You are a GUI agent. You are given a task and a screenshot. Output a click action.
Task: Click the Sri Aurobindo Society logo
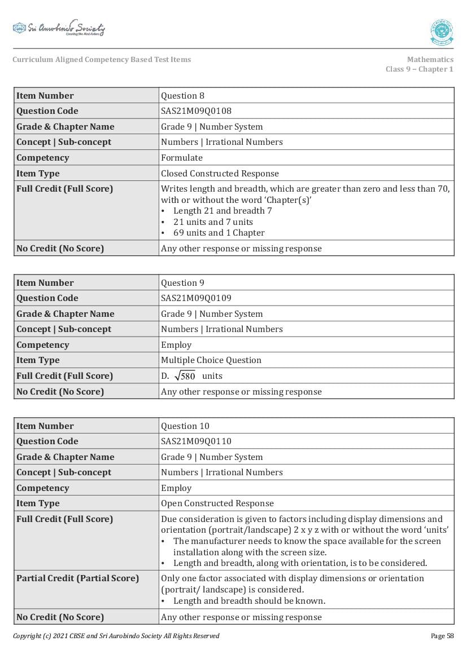pyautogui.click(x=59, y=29)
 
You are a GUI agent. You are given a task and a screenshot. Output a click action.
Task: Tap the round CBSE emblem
pyautogui.click(x=442, y=32)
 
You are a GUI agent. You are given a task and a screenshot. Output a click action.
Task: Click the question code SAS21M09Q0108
pyautogui.click(x=196, y=111)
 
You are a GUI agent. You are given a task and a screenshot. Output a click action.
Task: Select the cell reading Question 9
pyautogui.click(x=182, y=283)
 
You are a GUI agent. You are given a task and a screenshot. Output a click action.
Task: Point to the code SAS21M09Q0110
pyautogui.click(x=196, y=441)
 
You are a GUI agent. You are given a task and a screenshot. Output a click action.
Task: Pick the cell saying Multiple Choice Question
pyautogui.click(x=211, y=360)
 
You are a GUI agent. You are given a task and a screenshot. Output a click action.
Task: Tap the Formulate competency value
pyautogui.click(x=182, y=158)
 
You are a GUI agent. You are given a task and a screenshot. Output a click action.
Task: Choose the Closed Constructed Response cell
pyautogui.click(x=220, y=174)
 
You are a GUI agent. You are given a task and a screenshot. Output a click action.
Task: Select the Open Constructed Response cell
pyautogui.click(x=217, y=503)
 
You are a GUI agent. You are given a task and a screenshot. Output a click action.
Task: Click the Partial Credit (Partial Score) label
pyautogui.click(x=77, y=578)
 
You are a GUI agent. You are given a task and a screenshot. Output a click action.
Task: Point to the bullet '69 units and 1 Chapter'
pyautogui.click(x=219, y=233)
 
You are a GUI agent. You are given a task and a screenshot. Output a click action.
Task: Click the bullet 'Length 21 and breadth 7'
pyautogui.click(x=222, y=211)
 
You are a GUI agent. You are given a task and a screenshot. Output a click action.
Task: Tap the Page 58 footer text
pyautogui.click(x=442, y=636)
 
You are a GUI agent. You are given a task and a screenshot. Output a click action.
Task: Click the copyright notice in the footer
pyautogui.click(x=116, y=636)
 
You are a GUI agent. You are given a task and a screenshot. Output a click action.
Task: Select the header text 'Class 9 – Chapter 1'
pyautogui.click(x=419, y=69)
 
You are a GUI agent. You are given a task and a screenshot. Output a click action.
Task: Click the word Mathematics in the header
pyautogui.click(x=430, y=60)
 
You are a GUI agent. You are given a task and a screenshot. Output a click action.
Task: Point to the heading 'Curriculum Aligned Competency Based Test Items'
pyautogui.click(x=102, y=60)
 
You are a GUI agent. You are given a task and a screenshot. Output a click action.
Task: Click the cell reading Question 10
pyautogui.click(x=185, y=426)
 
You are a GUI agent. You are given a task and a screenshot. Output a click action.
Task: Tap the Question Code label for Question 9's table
pyautogui.click(x=47, y=298)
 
